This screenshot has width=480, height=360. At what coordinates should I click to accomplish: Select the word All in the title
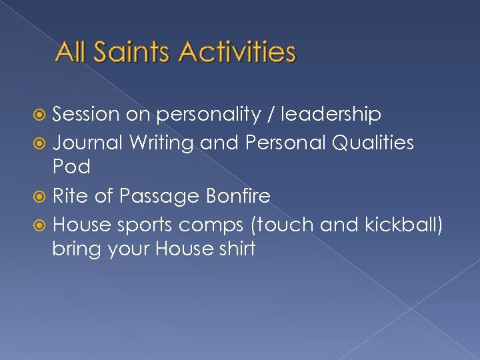[73, 52]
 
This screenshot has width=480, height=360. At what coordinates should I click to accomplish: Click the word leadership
[331, 115]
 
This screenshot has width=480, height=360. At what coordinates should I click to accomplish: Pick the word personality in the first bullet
[209, 115]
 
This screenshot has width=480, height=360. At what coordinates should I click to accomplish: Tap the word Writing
[161, 142]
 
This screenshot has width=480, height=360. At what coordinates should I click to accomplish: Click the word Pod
[71, 167]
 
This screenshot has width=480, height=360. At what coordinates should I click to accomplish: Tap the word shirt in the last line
[235, 250]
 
